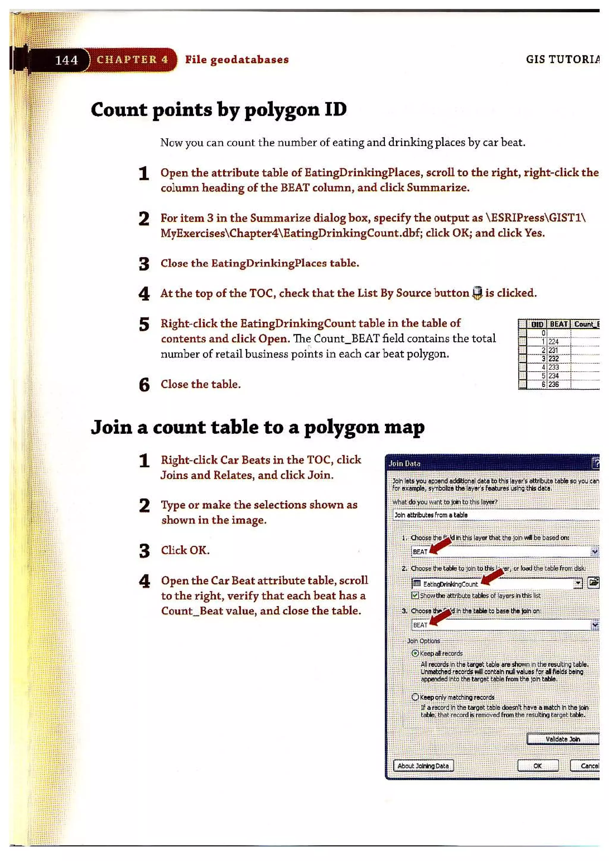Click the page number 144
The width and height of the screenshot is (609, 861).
click(x=66, y=60)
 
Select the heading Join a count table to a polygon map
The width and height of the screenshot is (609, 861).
click(x=258, y=427)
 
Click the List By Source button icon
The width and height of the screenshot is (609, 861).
click(x=477, y=293)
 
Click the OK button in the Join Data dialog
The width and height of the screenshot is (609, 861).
click(x=537, y=766)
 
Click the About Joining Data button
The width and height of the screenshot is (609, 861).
click(x=423, y=766)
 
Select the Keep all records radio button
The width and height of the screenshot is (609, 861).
click(x=415, y=653)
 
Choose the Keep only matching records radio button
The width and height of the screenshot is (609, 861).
click(x=415, y=697)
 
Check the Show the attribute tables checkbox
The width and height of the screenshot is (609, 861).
click(x=415, y=596)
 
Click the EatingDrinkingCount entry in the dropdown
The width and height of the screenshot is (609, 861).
click(x=450, y=584)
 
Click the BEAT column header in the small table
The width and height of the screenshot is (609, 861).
click(x=558, y=324)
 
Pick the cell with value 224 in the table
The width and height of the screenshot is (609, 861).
click(x=553, y=342)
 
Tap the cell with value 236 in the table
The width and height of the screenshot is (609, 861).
click(x=553, y=384)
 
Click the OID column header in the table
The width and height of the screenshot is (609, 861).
click(x=537, y=324)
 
